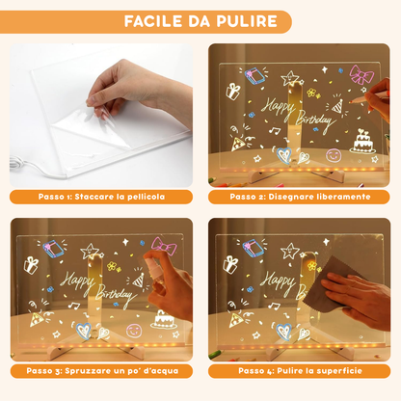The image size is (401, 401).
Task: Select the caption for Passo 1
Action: click(101, 197)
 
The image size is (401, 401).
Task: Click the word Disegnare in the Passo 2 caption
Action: click(298, 197)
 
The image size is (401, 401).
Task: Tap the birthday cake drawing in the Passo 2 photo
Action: click(361, 141)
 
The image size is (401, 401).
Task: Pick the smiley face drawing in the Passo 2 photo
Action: click(334, 154)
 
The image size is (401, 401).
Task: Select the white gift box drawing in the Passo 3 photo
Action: click(31, 264)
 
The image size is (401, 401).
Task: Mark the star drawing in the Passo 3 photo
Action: click(90, 251)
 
